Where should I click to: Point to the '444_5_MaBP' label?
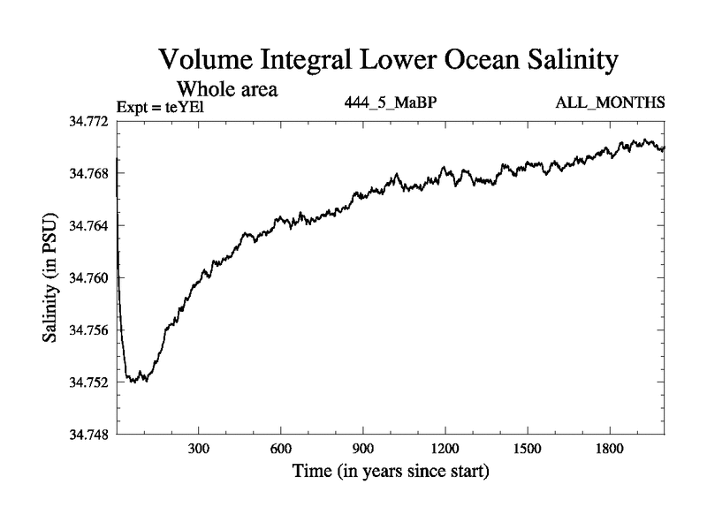coord(391,102)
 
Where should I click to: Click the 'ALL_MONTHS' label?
coord(610,102)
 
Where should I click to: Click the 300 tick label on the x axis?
coord(199,449)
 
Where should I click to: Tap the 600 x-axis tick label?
coord(281,449)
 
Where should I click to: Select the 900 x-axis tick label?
coord(363,449)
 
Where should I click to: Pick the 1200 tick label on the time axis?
coord(445,449)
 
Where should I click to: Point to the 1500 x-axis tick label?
coord(528,449)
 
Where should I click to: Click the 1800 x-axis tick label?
coord(610,449)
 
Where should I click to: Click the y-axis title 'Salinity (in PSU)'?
coord(49,278)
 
